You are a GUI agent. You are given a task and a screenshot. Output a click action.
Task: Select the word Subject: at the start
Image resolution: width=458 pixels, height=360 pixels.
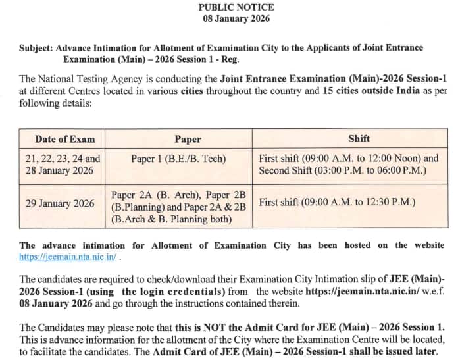(37, 48)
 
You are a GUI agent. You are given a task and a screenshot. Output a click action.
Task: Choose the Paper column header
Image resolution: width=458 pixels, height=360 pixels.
(188, 139)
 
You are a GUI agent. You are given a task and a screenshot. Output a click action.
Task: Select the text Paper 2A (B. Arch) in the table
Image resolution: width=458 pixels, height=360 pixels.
(158, 195)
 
